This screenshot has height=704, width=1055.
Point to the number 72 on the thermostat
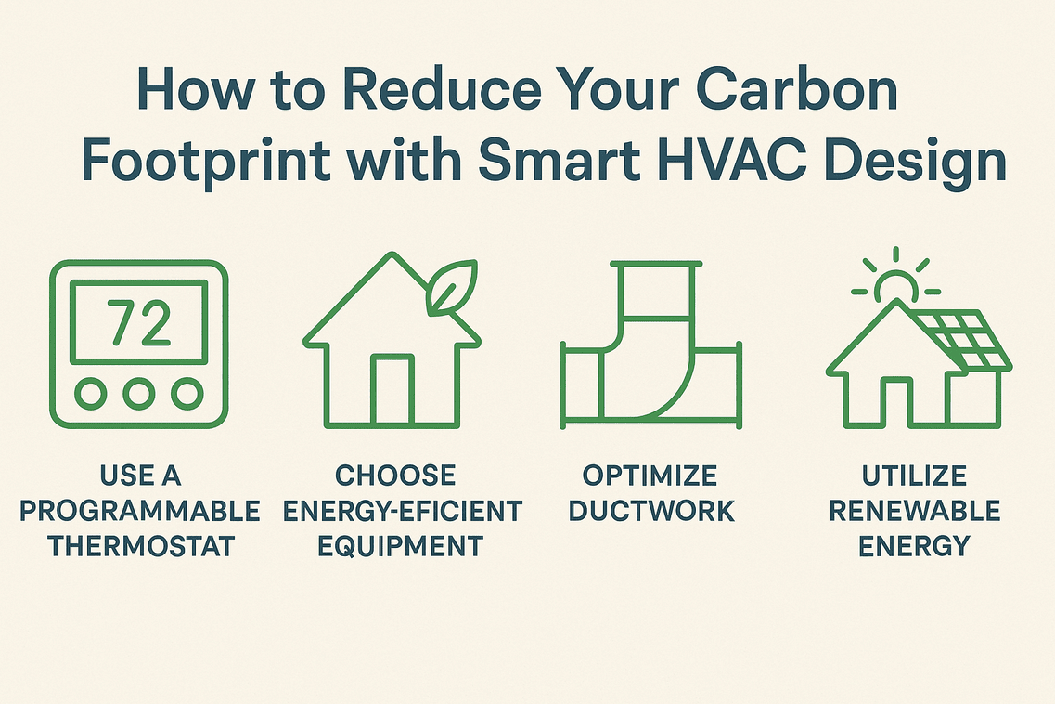139,322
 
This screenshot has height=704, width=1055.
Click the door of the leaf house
392,388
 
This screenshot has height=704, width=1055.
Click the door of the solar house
896,399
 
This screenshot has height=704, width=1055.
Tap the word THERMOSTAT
141,544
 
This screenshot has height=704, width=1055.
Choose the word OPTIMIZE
650,476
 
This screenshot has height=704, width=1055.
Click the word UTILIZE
914,476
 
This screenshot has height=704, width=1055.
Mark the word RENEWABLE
914,510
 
